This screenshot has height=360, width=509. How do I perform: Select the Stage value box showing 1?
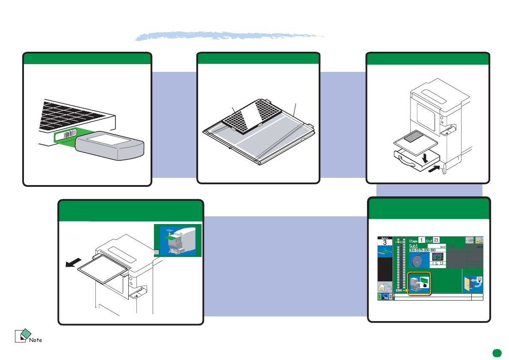coord(421,240)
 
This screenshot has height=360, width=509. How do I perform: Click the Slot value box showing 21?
coord(436,240)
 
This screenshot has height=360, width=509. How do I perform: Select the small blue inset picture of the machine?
coord(178,241)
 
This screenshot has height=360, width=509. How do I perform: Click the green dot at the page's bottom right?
coord(496,353)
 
